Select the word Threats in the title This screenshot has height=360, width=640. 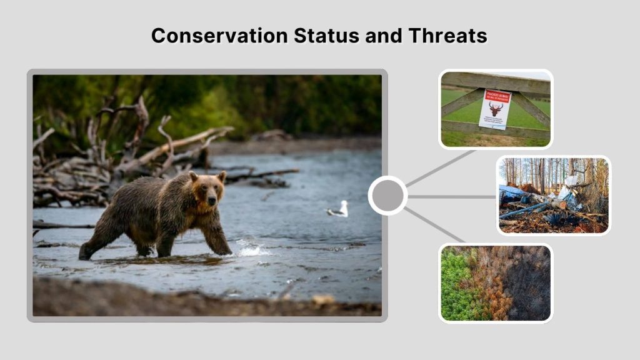[447, 36]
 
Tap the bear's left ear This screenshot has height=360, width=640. [222, 177]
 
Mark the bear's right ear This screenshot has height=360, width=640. [194, 177]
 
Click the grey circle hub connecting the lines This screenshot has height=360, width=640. [387, 196]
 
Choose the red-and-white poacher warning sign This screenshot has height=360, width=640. [495, 109]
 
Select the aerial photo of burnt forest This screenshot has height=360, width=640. [496, 283]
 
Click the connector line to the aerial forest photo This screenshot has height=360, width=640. [434, 225]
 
